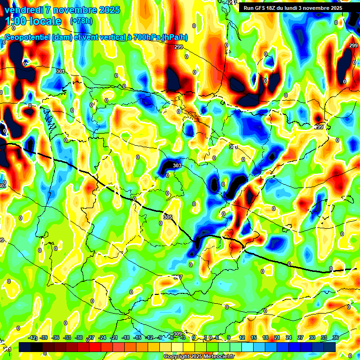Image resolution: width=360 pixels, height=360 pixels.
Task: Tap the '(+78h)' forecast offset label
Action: [x=81, y=21]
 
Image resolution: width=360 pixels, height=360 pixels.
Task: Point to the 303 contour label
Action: [x=177, y=165]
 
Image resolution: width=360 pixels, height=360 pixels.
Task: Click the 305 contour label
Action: [x=168, y=217]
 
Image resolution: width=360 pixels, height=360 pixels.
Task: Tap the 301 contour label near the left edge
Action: [x=60, y=71]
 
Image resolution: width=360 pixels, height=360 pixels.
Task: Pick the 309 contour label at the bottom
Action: [x=178, y=334]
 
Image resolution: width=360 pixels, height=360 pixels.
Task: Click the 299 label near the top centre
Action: [x=178, y=47]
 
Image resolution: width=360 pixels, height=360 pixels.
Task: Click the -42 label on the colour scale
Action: [x=32, y=337]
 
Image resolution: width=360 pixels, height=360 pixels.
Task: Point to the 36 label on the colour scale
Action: [x=336, y=337]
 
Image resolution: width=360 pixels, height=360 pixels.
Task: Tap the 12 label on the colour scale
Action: [x=242, y=337]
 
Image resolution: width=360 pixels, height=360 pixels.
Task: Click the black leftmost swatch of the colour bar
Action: [x=25, y=347]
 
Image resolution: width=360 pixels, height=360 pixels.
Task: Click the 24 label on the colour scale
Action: [x=289, y=337]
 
